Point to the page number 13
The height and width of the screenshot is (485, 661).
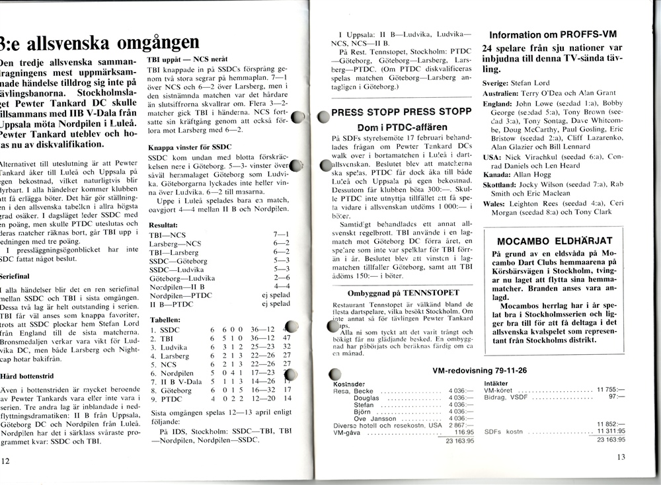[x=621, y=456]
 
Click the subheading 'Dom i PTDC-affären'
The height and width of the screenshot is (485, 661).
[x=393, y=126]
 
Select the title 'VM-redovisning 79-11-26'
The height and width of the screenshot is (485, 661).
[x=473, y=371]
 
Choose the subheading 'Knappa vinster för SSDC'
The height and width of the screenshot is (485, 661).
[x=189, y=147]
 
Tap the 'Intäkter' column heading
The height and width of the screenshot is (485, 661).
[x=496, y=383]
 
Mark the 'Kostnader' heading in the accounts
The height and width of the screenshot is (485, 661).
[x=350, y=384]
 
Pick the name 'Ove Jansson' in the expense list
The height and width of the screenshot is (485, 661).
[x=375, y=418]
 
